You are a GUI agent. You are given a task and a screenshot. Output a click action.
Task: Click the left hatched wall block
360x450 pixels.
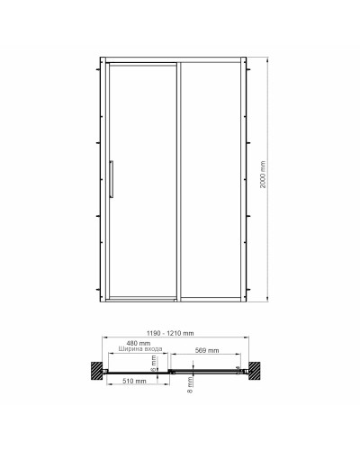tap(94, 370)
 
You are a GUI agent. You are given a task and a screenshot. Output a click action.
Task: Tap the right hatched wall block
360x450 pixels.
tap(257, 370)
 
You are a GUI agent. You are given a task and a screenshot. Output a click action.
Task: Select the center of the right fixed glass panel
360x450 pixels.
tap(212, 179)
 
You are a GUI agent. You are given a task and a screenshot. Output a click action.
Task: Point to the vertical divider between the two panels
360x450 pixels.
tap(175, 179)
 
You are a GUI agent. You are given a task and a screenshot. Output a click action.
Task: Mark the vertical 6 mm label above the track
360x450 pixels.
tap(154, 359)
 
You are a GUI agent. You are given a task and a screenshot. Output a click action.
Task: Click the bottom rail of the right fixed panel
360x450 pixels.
tap(212, 296)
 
